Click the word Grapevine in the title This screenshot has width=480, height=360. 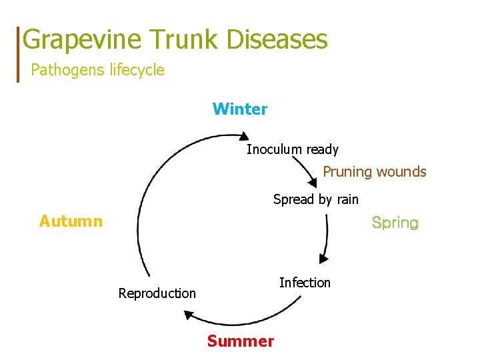[81, 40]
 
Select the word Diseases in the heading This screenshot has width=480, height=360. [278, 39]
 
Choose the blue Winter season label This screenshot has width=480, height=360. [240, 109]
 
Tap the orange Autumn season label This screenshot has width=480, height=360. [71, 221]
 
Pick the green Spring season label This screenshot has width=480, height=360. [395, 223]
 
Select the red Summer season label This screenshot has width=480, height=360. [240, 341]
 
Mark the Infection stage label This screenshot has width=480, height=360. [305, 283]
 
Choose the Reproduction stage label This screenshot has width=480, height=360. [157, 293]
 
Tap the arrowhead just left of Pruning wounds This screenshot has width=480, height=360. [312, 181]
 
